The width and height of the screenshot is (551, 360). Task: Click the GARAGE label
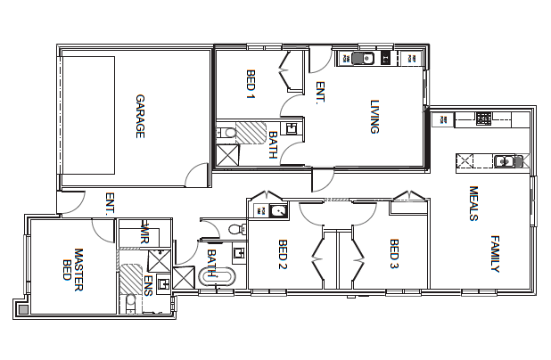[140, 116]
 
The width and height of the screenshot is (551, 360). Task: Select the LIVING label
[375, 117]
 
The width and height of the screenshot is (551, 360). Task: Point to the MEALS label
[473, 203]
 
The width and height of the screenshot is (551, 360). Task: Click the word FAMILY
[496, 254]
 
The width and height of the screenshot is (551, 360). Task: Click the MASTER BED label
[72, 264]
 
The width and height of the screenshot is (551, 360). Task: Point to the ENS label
[148, 285]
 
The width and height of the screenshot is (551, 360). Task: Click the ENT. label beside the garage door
[110, 204]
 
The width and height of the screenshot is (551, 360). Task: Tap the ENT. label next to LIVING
[320, 93]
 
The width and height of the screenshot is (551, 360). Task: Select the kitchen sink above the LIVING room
[361, 59]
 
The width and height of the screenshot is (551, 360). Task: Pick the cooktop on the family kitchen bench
[482, 118]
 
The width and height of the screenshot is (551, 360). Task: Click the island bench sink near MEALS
[506, 161]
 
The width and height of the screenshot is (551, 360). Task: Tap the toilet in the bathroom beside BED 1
[228, 134]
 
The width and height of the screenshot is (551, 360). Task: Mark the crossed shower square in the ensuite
[160, 261]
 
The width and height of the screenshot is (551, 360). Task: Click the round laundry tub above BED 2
[278, 211]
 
